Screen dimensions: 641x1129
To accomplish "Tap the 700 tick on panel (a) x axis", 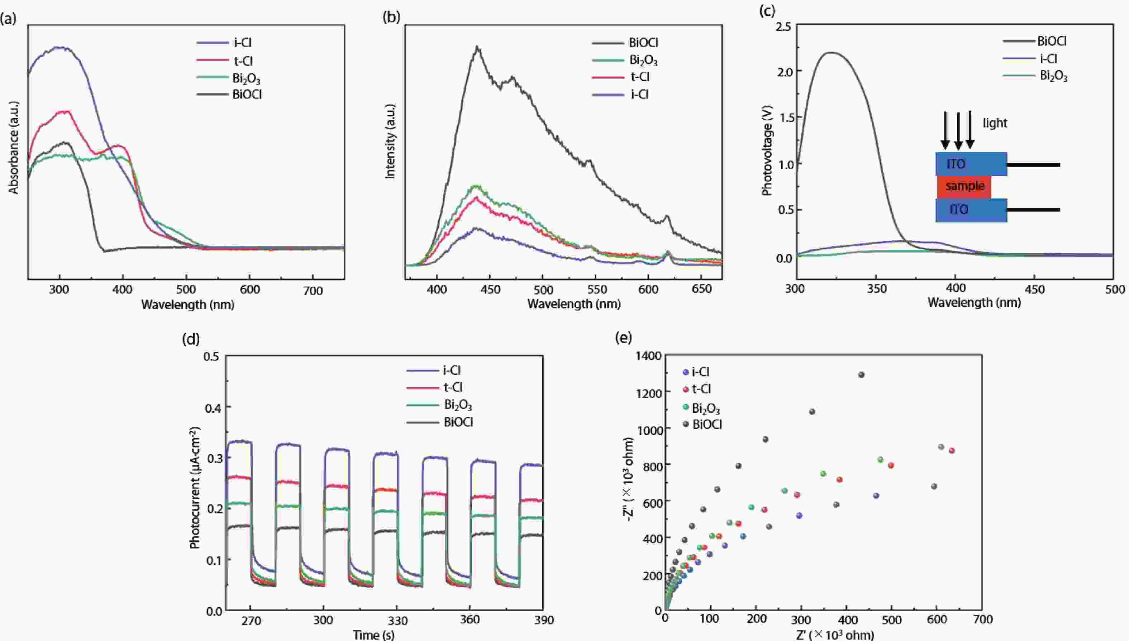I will [313, 291].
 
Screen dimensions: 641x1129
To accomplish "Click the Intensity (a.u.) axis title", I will [390, 141].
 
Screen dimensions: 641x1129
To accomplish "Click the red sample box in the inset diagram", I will [964, 186].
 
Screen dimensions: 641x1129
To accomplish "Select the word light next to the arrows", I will [995, 123].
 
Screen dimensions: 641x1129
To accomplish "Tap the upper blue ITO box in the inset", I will [971, 164].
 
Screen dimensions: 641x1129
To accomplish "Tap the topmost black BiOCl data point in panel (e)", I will [861, 375].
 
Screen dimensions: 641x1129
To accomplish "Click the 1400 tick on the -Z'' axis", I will [649, 356].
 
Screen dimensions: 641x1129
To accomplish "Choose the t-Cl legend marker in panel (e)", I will [685, 389].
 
